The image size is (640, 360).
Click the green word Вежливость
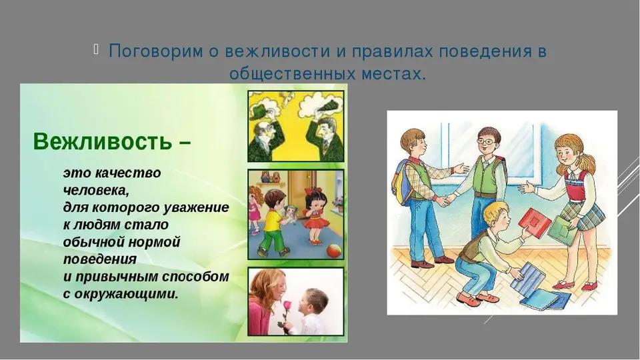tap(102, 141)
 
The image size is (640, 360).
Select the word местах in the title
tap(393, 74)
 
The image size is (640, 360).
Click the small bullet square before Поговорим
tap(96, 49)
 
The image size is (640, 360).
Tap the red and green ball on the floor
tap(335, 250)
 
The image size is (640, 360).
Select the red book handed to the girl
tap(534, 223)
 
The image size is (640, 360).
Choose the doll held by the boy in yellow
tap(292, 212)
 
